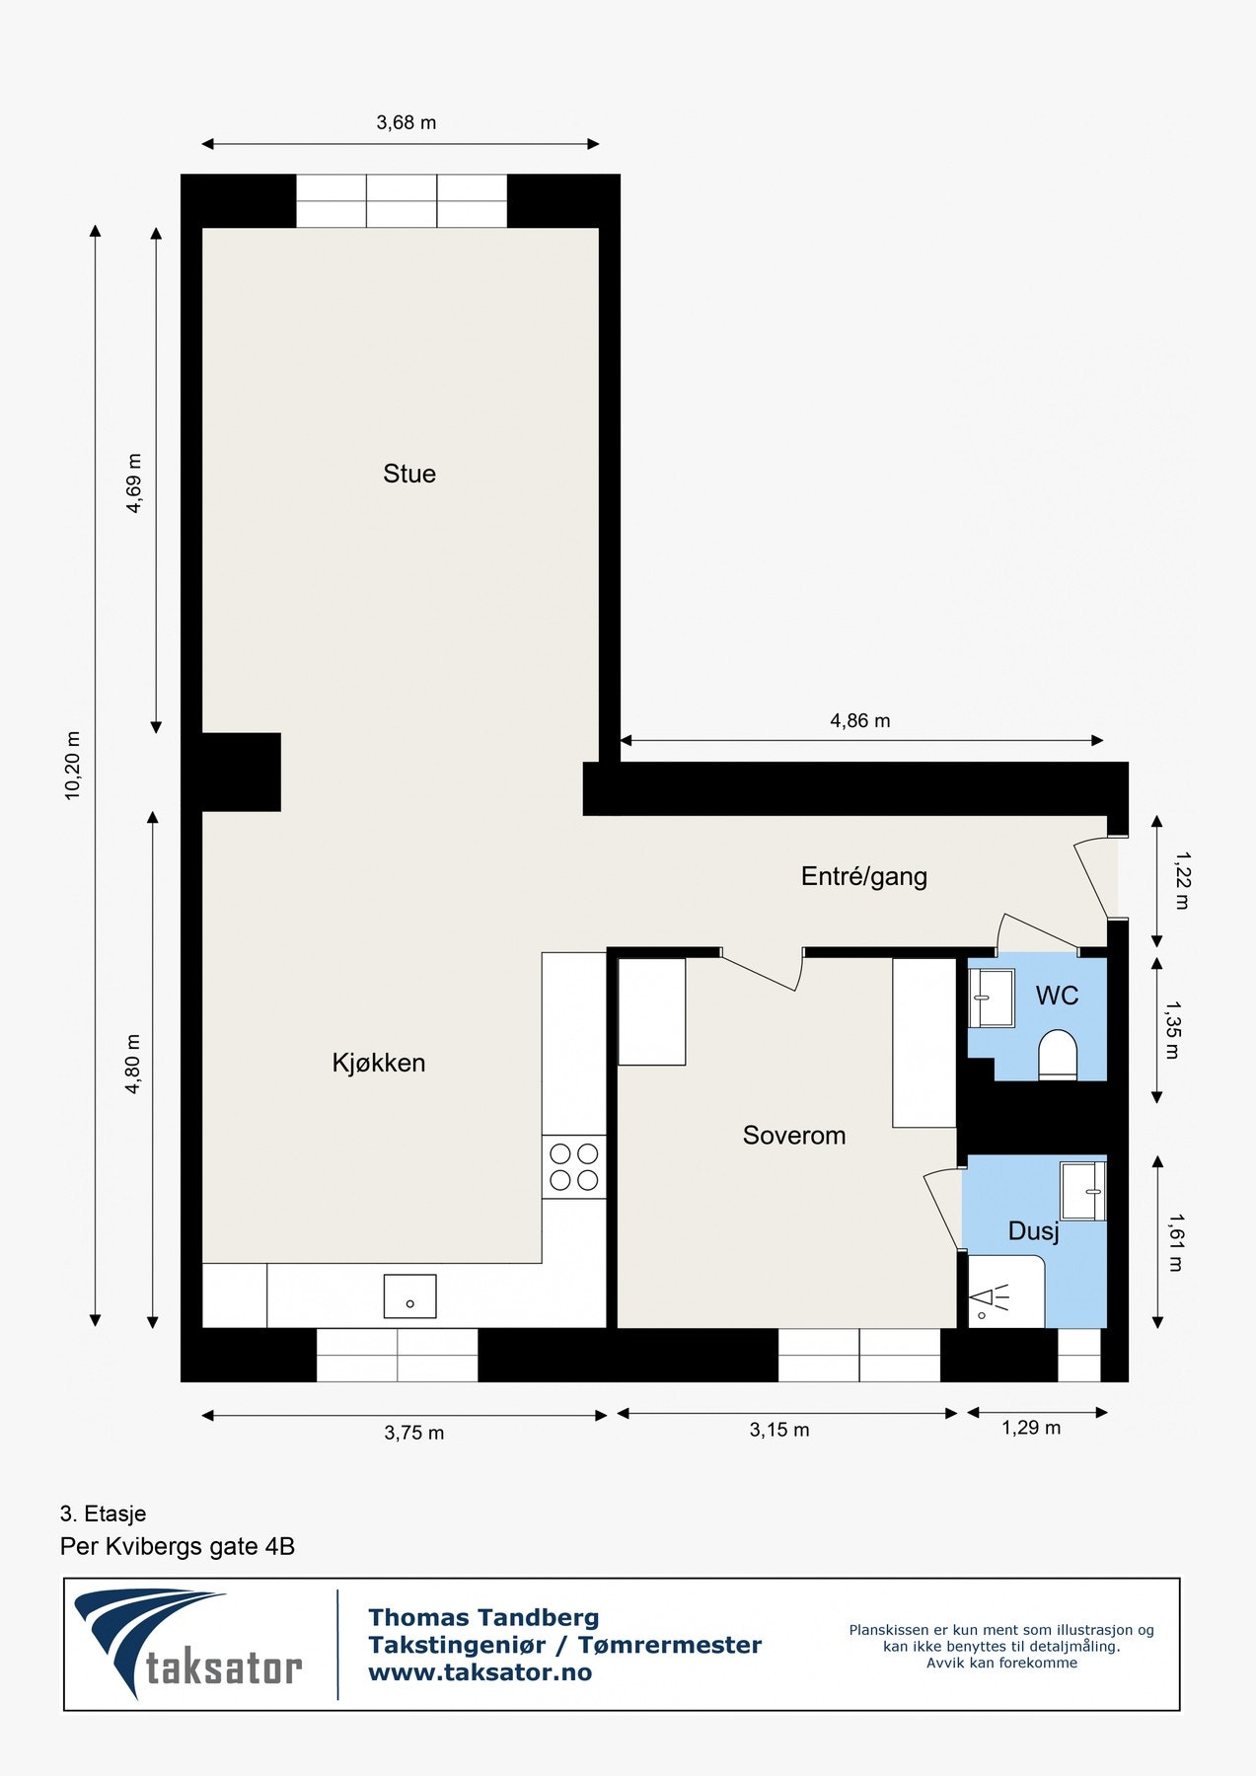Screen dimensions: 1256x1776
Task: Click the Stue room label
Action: point(409,474)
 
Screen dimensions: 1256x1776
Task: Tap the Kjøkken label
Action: point(379,1063)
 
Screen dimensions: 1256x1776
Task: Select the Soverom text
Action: point(794,1136)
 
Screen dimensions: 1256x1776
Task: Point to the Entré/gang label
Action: point(864,876)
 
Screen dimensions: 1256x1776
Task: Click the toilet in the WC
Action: point(1058,1055)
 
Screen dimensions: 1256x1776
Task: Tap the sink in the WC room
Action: point(991,999)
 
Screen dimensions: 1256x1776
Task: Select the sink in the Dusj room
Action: point(1082,1190)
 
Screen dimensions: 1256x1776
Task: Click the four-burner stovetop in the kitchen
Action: point(573,1166)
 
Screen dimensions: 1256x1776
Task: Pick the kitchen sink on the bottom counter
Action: point(409,1296)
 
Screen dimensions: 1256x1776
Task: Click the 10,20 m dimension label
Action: point(72,766)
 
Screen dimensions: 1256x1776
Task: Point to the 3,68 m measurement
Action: point(406,123)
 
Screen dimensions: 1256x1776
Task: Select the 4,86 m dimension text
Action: point(860,721)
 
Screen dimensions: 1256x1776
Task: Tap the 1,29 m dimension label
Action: point(1031,1428)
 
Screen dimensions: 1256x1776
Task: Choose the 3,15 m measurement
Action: point(779,1430)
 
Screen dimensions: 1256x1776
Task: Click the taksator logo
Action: point(188,1644)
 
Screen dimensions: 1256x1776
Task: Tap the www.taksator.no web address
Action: point(480,1672)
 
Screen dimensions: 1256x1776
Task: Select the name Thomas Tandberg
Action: point(483,1617)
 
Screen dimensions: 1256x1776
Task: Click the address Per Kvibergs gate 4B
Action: point(178,1546)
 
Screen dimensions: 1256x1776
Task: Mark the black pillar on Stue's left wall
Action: point(241,772)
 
